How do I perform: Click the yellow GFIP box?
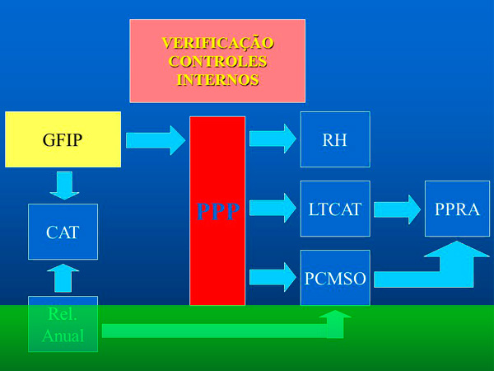[63, 139]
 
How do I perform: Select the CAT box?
[63, 232]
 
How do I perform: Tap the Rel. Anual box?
[63, 324]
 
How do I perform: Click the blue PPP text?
[217, 212]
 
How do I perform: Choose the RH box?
[335, 139]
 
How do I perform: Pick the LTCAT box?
[335, 209]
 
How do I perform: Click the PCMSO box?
[335, 278]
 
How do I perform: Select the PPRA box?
[457, 209]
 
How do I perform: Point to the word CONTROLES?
[217, 61]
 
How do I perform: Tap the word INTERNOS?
[217, 80]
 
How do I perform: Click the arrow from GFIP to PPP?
[156, 139]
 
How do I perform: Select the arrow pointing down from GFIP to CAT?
[63, 185]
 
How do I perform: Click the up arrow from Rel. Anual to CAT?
[63, 279]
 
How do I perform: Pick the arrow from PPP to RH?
[272, 139]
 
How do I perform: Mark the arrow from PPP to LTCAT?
[272, 208]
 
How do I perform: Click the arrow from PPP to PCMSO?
[272, 277]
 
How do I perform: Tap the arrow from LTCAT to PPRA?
[397, 209]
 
